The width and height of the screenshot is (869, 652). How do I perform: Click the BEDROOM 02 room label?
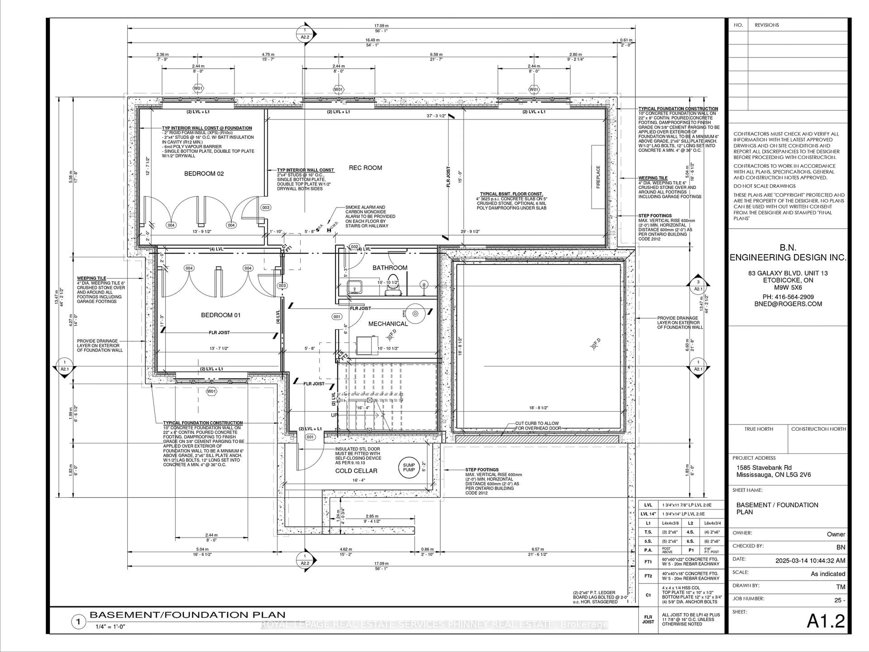[204, 174]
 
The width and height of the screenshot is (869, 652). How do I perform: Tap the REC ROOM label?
[365, 168]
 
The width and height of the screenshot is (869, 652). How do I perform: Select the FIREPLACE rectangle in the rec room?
[598, 177]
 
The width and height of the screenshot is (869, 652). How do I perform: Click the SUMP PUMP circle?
[408, 467]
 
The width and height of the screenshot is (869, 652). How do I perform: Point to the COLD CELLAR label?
[356, 471]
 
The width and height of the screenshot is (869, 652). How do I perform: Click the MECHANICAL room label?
[388, 324]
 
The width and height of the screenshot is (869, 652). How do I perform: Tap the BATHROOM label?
[390, 268]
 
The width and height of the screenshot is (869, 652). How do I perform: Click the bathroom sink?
[355, 287]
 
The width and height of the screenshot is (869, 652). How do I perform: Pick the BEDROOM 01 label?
[220, 315]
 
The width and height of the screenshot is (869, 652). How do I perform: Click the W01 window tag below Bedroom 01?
[211, 391]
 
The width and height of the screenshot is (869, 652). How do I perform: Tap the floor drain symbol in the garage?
[594, 346]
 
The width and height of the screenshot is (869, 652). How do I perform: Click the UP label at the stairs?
[334, 415]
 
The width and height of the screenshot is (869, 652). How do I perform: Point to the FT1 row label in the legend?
[648, 562]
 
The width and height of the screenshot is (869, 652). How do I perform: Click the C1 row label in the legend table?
[648, 595]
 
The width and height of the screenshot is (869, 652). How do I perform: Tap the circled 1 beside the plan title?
[78, 622]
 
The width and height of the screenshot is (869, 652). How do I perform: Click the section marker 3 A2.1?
[698, 285]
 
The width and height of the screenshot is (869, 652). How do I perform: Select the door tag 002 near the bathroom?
[354, 247]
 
